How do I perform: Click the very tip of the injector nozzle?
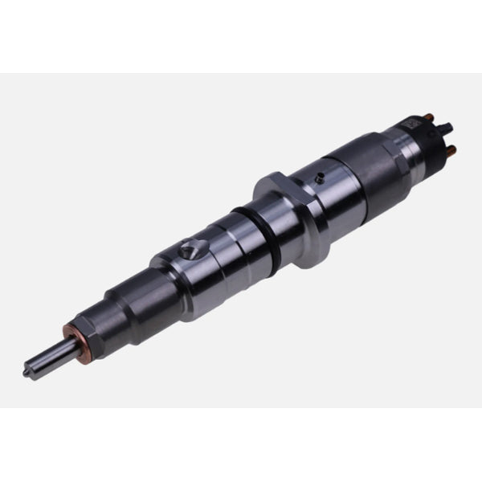(x=27, y=373)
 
